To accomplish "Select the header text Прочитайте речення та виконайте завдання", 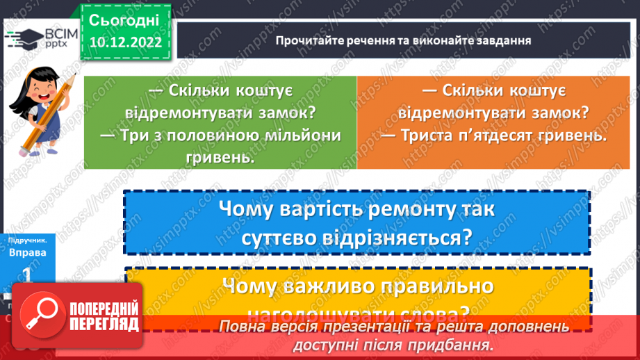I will [x=403, y=40].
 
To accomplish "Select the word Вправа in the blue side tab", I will [x=28, y=252].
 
